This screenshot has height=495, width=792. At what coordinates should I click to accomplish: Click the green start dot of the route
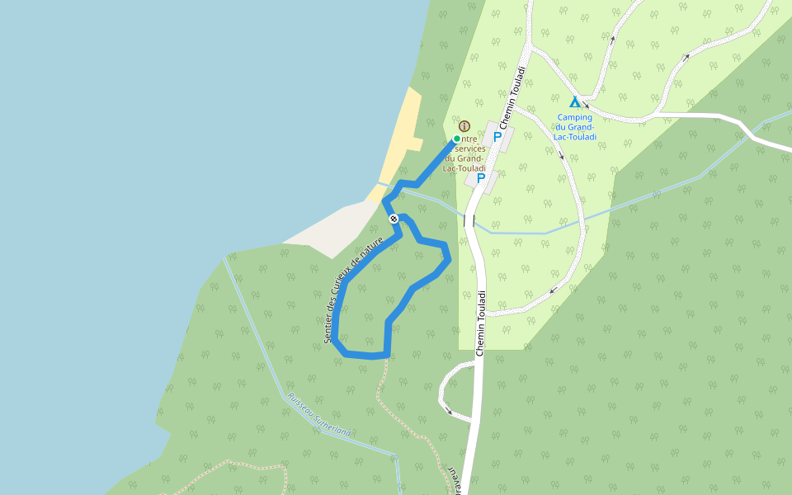pos(456,139)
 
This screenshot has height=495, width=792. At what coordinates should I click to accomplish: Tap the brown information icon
pos(464,126)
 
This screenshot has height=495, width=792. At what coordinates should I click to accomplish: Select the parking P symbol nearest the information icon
pos(497,137)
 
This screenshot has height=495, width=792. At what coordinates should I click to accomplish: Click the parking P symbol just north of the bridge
pos(481,177)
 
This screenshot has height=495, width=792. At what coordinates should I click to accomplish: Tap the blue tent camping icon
pos(575,102)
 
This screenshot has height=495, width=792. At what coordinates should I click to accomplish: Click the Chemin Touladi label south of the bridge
pos(480,323)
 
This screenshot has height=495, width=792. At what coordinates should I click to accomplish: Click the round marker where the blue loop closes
pos(394,219)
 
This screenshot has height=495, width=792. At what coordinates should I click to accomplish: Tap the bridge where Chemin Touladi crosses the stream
pos(469,220)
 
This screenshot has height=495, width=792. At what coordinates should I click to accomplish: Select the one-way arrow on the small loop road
pos(448,409)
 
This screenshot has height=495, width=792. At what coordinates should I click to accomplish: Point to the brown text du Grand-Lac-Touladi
pos(464,163)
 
